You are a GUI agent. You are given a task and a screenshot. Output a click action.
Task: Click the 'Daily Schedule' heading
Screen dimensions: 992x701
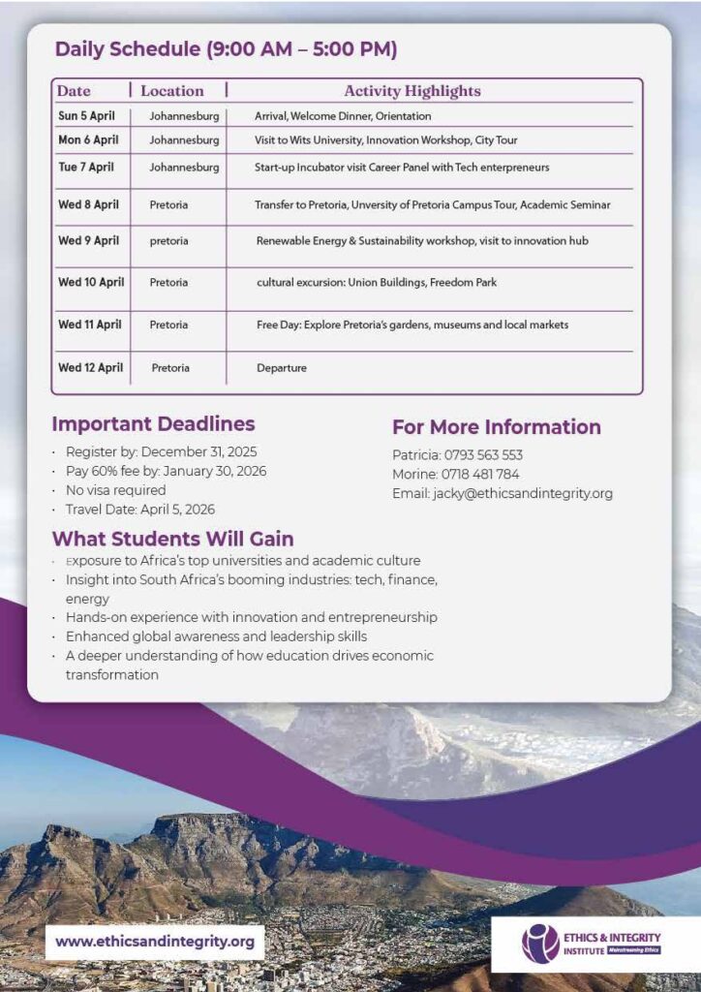coord(226,49)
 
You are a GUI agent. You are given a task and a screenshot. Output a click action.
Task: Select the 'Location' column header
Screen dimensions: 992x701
coord(172,91)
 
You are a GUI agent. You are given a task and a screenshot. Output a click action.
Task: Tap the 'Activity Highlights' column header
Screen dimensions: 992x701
coord(411,91)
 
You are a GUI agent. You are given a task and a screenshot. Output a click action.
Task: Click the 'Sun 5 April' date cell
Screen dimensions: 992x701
coord(86,116)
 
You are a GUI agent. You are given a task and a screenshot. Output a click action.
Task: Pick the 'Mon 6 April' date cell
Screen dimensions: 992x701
coord(88,140)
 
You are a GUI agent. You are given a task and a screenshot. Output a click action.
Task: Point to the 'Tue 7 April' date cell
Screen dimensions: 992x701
coord(86,168)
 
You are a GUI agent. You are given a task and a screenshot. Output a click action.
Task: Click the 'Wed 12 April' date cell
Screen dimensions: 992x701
coord(91,368)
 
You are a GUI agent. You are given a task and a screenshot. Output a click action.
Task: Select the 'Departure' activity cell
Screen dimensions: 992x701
coord(282,368)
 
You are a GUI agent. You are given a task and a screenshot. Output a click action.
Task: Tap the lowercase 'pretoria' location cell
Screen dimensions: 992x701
coord(169,241)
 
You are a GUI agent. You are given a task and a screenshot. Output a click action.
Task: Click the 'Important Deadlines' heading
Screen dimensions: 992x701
coord(153,424)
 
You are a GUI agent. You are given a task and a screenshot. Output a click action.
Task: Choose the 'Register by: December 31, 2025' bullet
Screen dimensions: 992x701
coord(161,452)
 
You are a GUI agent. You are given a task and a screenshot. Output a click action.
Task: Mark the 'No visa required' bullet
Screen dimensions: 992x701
coord(115,490)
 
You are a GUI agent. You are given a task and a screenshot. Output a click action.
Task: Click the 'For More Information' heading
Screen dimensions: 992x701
coord(496,427)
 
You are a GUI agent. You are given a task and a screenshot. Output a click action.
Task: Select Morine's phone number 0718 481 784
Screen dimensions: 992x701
coord(480,475)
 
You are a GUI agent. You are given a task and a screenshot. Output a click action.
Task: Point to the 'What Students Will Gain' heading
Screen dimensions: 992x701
coord(172,539)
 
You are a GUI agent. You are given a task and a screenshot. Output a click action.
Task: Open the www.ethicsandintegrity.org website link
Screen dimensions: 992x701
coord(155,941)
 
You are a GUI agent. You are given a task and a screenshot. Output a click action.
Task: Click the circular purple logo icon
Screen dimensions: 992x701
coord(540,943)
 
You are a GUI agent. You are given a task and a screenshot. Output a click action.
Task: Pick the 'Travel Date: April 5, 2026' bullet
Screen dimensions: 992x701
coord(140,510)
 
